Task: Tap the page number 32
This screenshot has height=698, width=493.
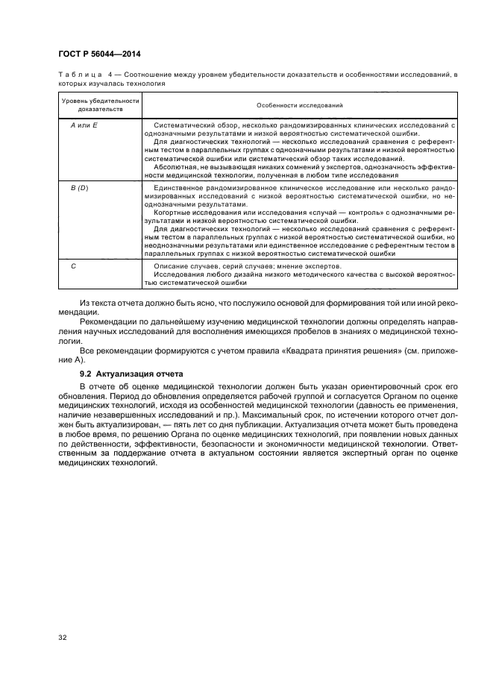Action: (63, 637)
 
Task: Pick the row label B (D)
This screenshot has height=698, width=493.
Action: (80, 187)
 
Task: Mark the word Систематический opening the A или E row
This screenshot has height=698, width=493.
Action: (182, 125)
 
